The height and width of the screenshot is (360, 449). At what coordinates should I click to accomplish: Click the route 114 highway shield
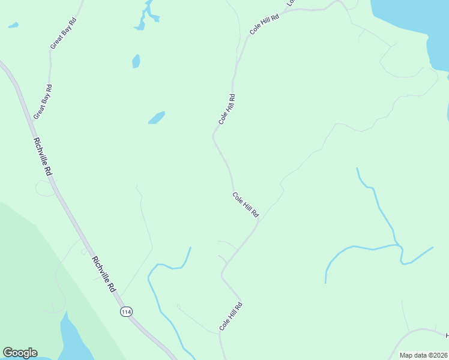pyautogui.click(x=125, y=311)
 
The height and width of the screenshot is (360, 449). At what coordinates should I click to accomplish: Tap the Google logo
pyautogui.click(x=20, y=353)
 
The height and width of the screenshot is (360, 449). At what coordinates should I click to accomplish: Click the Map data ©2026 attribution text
pyautogui.click(x=423, y=355)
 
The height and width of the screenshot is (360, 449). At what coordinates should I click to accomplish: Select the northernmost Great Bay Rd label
pyautogui.click(x=64, y=34)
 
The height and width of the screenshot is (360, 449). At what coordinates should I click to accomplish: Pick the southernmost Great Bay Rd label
pyautogui.click(x=43, y=102)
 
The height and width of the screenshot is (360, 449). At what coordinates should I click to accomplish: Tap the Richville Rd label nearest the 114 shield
pyautogui.click(x=104, y=274)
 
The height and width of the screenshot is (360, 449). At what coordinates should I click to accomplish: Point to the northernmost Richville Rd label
pyautogui.click(x=43, y=157)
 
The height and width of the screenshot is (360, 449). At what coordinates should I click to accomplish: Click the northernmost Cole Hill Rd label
pyautogui.click(x=265, y=25)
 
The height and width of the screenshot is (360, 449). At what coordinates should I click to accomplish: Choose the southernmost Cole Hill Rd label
pyautogui.click(x=231, y=316)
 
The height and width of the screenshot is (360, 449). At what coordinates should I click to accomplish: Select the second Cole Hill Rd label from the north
pyautogui.click(x=226, y=109)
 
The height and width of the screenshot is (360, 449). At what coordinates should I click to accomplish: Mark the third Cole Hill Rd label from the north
pyautogui.click(x=246, y=205)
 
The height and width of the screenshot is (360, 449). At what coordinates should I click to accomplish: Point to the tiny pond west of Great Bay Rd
pyautogui.click(x=13, y=26)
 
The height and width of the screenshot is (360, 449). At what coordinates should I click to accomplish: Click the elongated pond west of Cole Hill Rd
pyautogui.click(x=157, y=118)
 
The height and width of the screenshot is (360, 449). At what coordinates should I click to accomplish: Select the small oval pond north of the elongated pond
pyautogui.click(x=136, y=61)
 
